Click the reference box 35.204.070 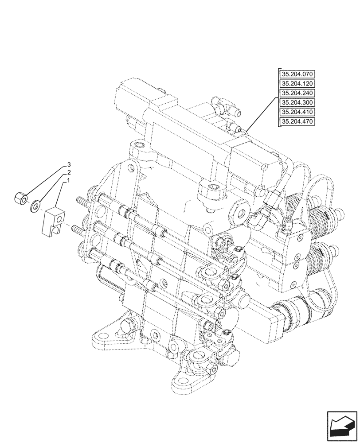click(x=297, y=74)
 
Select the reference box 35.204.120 click(x=297, y=84)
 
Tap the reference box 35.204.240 click(x=297, y=93)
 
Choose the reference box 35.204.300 click(x=297, y=103)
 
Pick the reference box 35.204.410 click(x=297, y=113)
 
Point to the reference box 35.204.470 click(x=297, y=122)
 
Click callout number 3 click(x=69, y=164)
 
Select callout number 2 click(x=69, y=172)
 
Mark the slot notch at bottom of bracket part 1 click(x=55, y=229)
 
